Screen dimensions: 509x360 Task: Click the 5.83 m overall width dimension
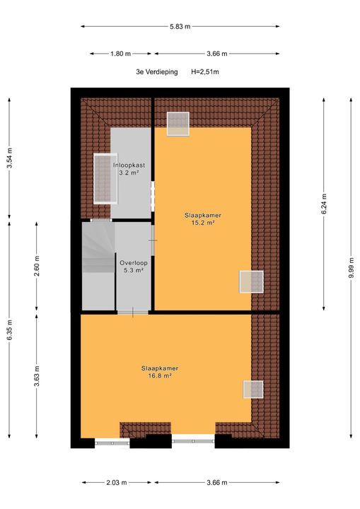click(179, 26)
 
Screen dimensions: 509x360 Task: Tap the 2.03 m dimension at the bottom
click(118, 483)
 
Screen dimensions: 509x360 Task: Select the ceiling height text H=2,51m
click(205, 72)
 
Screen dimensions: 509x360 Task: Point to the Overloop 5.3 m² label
click(132, 265)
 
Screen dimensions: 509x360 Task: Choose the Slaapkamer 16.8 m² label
click(159, 372)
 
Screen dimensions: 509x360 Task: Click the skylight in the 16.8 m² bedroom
click(252, 389)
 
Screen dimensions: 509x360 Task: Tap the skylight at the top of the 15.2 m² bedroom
click(178, 123)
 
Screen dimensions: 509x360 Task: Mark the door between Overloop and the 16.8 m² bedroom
click(132, 312)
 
